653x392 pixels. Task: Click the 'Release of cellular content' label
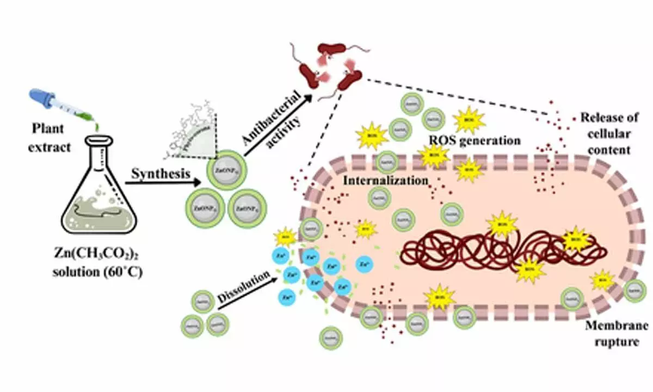point(614,133)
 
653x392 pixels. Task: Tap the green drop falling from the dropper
point(98,126)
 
